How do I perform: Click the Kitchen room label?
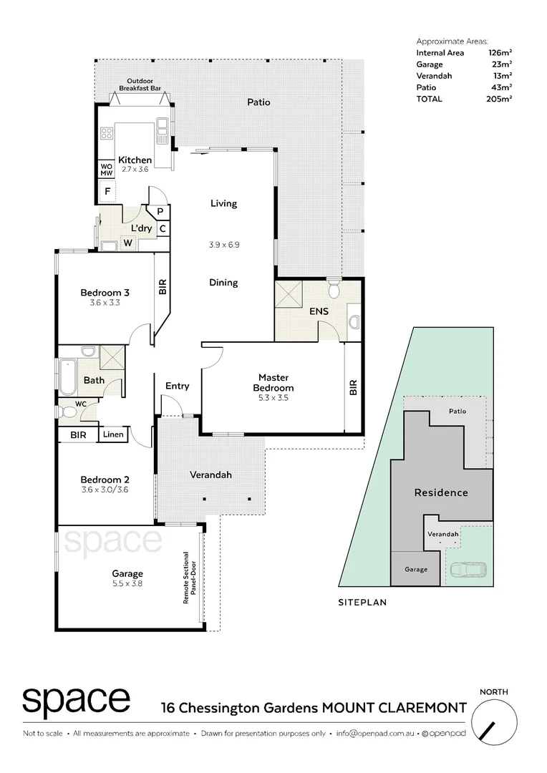tap(135, 160)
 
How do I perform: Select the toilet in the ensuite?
tap(333, 289)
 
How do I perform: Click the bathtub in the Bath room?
tap(67, 376)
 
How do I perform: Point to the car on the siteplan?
tap(468, 570)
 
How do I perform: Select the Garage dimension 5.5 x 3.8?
tap(127, 584)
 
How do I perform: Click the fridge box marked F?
tap(107, 192)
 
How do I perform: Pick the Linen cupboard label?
tap(113, 434)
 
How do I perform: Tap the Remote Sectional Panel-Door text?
tap(189, 578)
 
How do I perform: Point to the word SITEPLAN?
tap(362, 603)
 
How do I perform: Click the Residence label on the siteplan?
tap(441, 492)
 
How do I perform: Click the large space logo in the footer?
tap(76, 701)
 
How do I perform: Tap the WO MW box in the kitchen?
tap(106, 170)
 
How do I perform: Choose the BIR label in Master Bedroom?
tap(352, 388)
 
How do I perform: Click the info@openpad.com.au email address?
tap(376, 734)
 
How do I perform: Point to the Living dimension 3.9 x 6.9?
tap(223, 244)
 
